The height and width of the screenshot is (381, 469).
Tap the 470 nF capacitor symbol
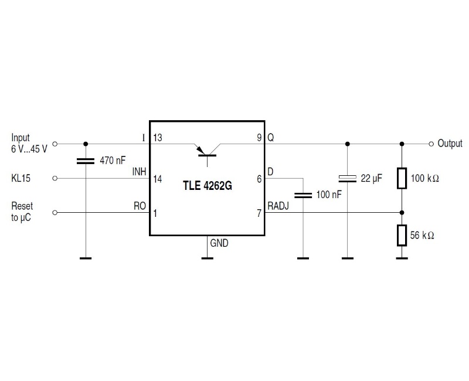(86, 161)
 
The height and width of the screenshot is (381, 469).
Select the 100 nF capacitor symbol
(303, 193)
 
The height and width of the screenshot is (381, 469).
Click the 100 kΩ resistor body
(402, 178)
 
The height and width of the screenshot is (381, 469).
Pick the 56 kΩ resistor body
(402, 235)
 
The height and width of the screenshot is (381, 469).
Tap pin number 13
(158, 138)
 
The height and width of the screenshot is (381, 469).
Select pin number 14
(158, 179)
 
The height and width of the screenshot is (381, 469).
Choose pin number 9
(259, 138)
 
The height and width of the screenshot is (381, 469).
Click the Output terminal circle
(431, 143)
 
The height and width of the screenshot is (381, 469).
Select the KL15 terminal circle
(55, 178)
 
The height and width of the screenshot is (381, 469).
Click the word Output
(450, 144)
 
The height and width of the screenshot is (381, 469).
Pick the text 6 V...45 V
(29, 149)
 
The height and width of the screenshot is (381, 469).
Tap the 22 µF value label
(371, 178)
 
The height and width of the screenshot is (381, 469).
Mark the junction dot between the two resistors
(402, 213)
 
